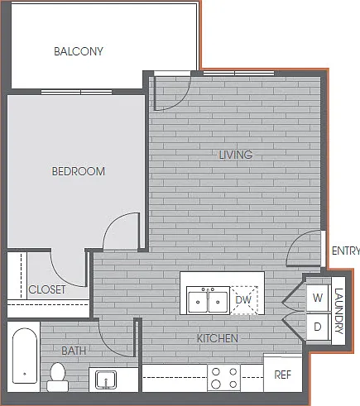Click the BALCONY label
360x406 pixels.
coord(79,51)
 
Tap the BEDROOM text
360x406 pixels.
coord(79,171)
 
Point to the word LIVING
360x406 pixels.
coord(236,155)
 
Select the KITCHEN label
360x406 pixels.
coord(218,338)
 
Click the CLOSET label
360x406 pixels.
coord(47,289)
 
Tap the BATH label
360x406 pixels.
coord(74,351)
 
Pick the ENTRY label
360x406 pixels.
coord(346,251)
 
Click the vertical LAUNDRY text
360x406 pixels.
coord(338,311)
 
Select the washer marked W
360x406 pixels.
coord(318,299)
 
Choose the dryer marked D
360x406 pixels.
coord(318,327)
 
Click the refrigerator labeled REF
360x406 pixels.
coord(283,375)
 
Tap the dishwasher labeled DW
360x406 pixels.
coord(243,300)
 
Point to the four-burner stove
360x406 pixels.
coord(224,378)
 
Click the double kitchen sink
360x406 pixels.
coord(208,300)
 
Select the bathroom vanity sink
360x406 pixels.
coord(106,380)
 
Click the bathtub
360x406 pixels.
coord(24,356)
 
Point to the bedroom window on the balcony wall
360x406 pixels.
coord(77,92)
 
